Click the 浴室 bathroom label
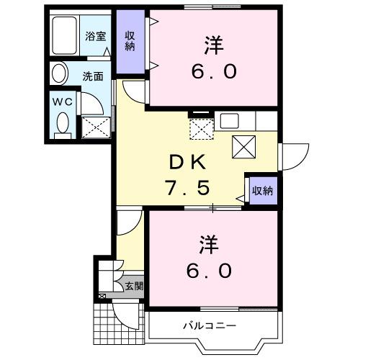(x=96, y=36)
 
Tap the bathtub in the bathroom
(x=66, y=36)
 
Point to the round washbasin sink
(x=58, y=73)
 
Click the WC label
(x=62, y=102)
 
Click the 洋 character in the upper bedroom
(x=213, y=45)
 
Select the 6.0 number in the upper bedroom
(x=213, y=72)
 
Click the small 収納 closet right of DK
(x=261, y=191)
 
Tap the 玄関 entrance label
(x=133, y=287)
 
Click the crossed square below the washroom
(x=96, y=127)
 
